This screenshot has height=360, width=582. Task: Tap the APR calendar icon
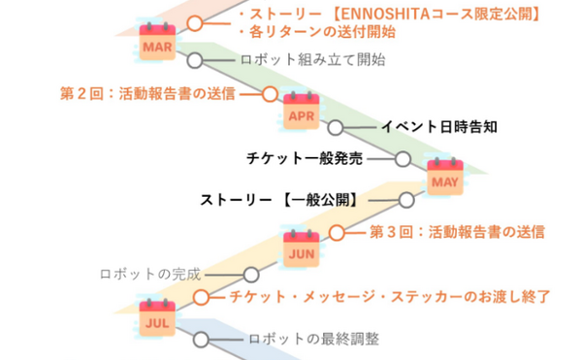(301, 113)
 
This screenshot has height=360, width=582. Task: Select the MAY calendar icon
(444, 178)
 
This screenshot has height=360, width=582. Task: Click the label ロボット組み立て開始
(311, 60)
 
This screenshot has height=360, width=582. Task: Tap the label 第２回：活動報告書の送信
(146, 94)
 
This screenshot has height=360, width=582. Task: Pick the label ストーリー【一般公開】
(279, 201)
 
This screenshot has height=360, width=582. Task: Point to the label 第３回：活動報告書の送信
(457, 232)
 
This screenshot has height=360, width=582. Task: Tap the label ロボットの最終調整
(312, 340)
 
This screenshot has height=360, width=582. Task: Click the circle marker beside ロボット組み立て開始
(195, 60)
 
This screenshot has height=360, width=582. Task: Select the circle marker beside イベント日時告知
(336, 127)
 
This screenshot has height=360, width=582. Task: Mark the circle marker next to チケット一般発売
(403, 157)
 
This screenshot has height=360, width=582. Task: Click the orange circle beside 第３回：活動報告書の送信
(337, 232)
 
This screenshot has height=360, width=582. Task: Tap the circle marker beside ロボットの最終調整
(201, 340)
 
